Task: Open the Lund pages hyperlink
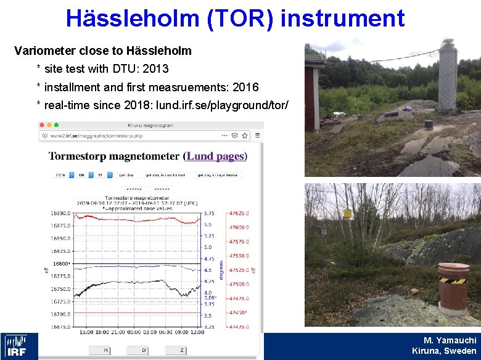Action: pyautogui.click(x=215, y=157)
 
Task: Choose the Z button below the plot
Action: pyautogui.click(x=181, y=350)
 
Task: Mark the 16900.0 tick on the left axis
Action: pyautogui.click(x=60, y=213)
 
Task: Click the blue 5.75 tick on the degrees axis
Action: pyautogui.click(x=209, y=213)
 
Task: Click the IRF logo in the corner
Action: pyautogui.click(x=19, y=346)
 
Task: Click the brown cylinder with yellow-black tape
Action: pyautogui.click(x=453, y=286)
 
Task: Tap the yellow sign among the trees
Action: pyautogui.click(x=348, y=214)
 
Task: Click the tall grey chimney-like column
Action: pyautogui.click(x=447, y=74)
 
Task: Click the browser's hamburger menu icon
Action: pyautogui.click(x=258, y=136)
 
